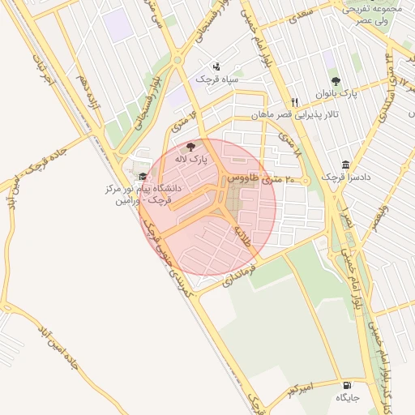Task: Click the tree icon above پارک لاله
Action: (x=191, y=148)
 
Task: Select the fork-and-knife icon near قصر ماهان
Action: (x=294, y=102)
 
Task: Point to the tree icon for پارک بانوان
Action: (x=336, y=81)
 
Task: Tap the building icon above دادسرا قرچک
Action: (x=346, y=165)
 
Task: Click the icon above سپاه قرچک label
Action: (x=216, y=66)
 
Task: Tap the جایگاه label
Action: (x=348, y=398)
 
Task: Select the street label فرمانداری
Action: (x=240, y=273)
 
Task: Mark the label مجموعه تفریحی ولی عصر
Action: (x=372, y=11)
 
